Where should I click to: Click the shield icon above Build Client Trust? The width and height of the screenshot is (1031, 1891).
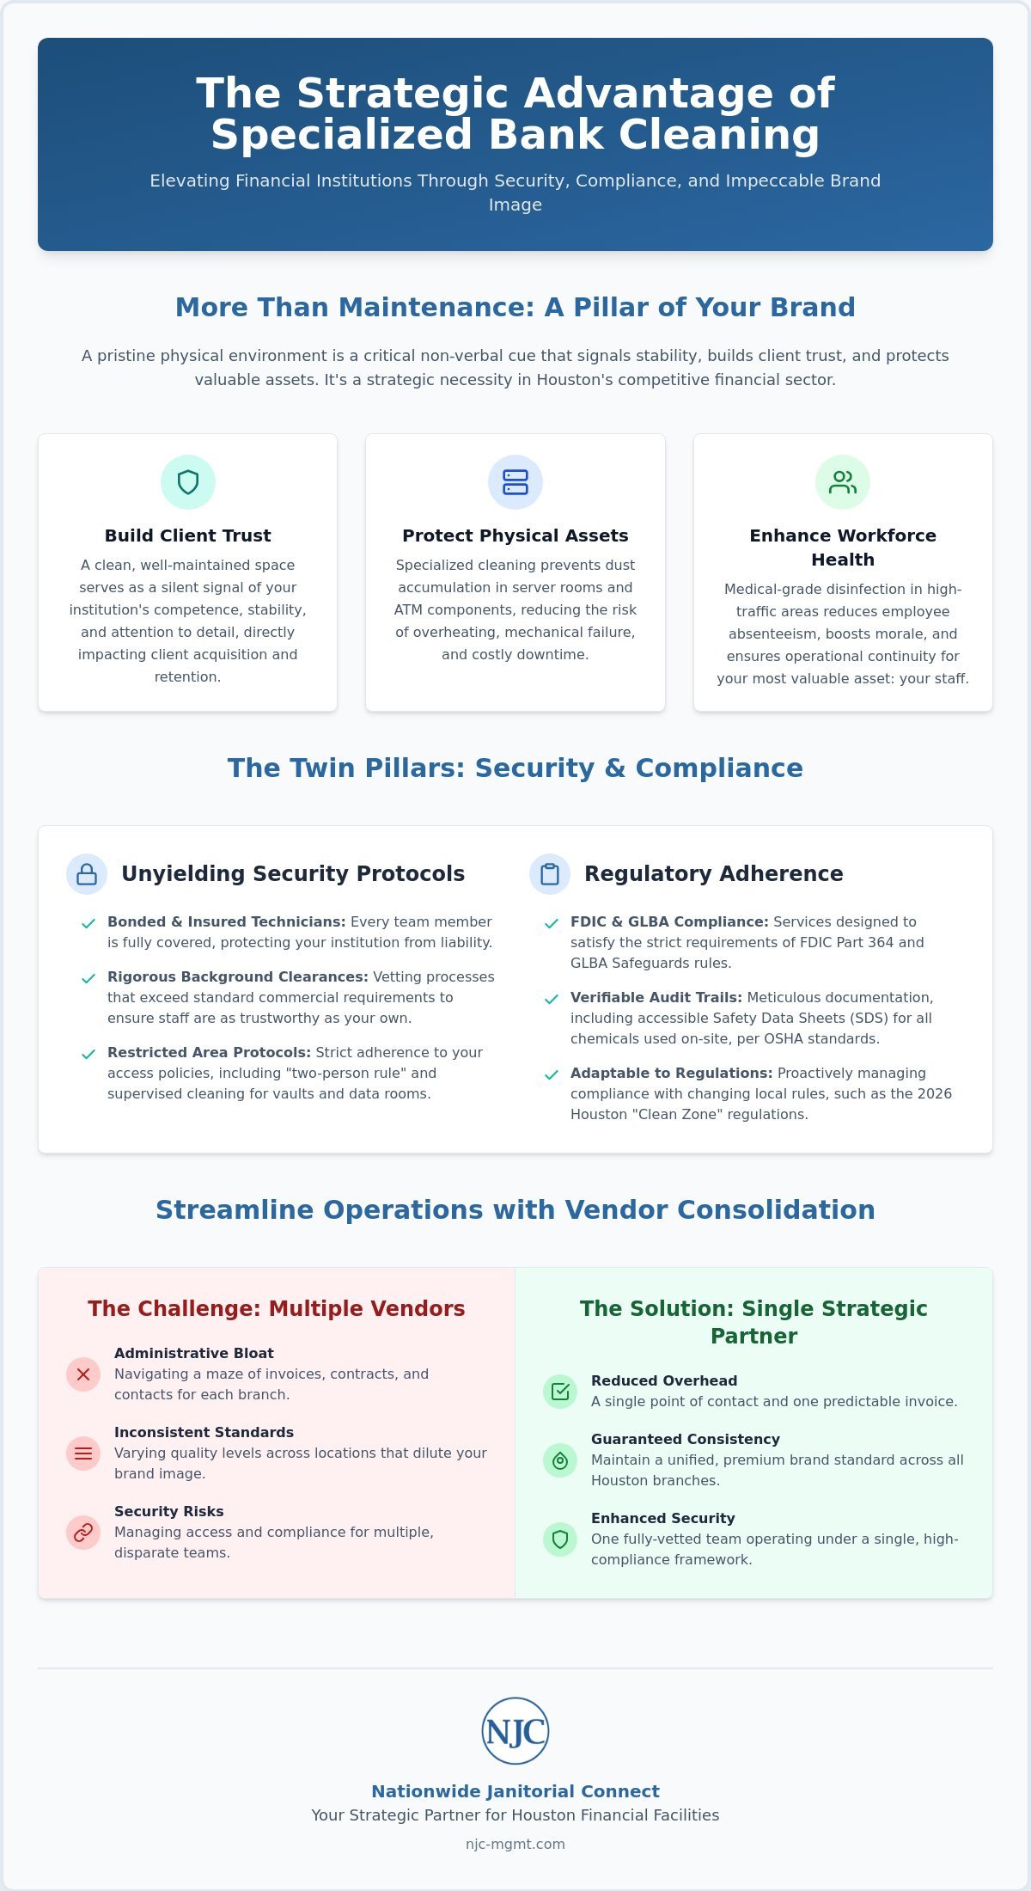click(187, 482)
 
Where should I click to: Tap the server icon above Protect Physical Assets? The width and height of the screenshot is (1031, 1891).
click(515, 482)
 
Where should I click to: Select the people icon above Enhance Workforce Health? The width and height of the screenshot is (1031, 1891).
click(843, 482)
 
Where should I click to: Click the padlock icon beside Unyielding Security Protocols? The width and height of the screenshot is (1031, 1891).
click(87, 874)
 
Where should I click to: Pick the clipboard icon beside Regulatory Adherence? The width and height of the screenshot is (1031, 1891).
click(550, 874)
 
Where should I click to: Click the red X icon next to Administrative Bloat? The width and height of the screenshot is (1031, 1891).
click(83, 1374)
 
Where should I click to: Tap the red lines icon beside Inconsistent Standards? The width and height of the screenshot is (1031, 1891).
click(83, 1453)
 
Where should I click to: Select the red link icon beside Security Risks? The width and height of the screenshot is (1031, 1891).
click(83, 1533)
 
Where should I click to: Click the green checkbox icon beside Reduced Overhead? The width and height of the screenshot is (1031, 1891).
click(560, 1392)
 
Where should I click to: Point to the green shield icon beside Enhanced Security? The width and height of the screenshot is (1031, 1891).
click(560, 1539)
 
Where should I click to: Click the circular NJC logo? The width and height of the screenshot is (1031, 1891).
click(515, 1731)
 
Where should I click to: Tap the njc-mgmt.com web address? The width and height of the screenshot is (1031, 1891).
click(515, 1844)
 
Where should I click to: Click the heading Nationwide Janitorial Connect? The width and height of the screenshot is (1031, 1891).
click(515, 1791)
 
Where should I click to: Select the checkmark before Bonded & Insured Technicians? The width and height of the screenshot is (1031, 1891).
click(88, 924)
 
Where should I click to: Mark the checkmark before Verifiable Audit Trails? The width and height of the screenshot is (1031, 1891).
click(551, 1000)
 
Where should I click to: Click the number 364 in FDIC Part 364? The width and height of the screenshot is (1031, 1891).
click(881, 943)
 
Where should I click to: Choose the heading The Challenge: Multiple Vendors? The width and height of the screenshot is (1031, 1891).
click(277, 1308)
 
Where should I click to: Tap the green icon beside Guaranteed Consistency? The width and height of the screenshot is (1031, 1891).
click(560, 1460)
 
